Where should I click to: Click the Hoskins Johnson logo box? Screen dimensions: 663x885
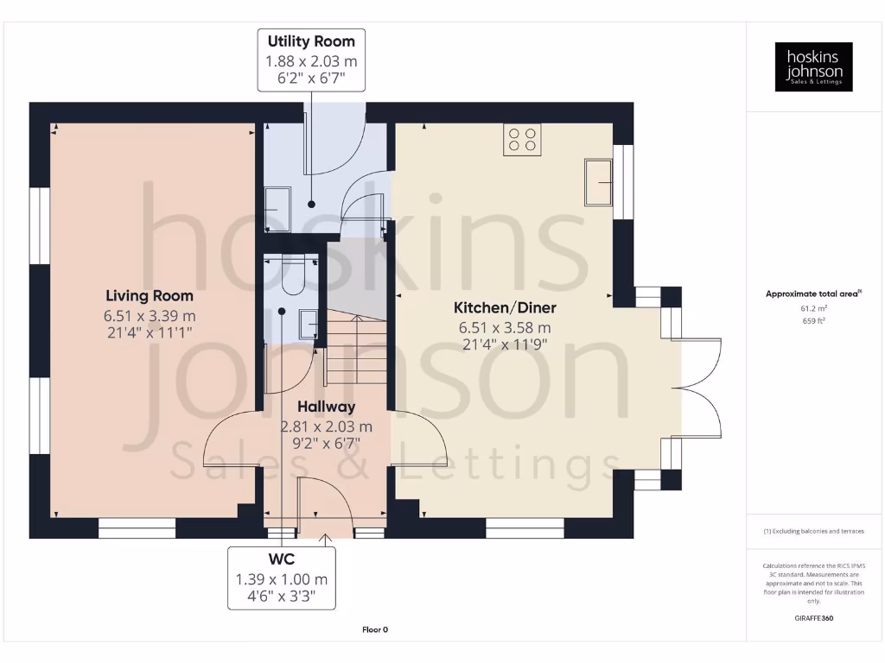[x=813, y=66]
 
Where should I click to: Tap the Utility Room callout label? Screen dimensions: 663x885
[x=311, y=41]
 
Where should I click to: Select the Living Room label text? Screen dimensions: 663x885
[x=150, y=296]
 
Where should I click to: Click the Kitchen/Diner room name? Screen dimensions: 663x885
[x=506, y=308]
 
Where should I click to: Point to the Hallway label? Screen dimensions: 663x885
[x=326, y=407]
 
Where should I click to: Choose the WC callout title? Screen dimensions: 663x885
[x=282, y=560]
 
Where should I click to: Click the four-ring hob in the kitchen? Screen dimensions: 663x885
[x=522, y=140]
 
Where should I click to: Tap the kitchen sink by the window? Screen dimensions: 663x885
[x=598, y=182]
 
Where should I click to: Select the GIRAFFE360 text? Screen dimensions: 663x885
[x=813, y=618]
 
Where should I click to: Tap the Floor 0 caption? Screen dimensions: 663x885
[x=374, y=630]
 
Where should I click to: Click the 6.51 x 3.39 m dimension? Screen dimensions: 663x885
[x=150, y=315]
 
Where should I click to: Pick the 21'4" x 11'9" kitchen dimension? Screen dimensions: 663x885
[x=506, y=344]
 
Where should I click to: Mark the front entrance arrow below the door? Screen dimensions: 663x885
[x=326, y=540]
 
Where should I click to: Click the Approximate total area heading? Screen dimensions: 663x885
[x=812, y=294]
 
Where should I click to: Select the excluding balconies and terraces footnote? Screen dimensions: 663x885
[x=813, y=531]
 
